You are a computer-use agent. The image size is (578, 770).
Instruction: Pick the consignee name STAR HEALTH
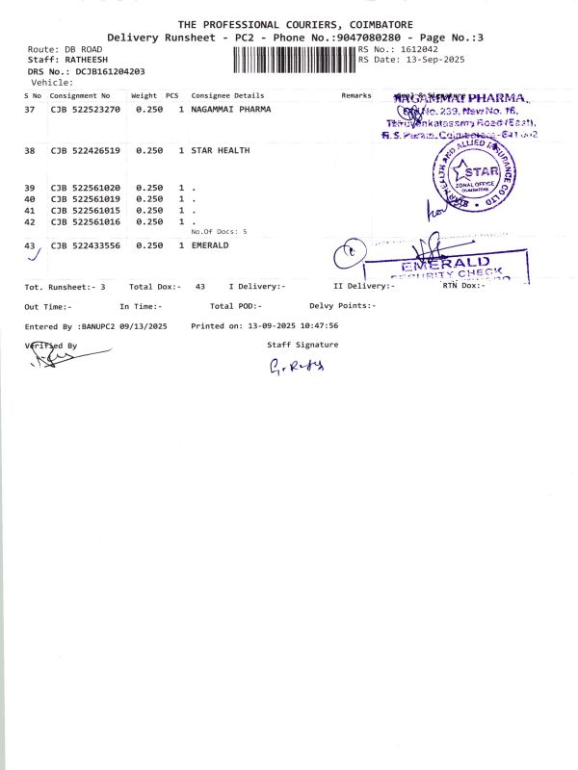point(221,151)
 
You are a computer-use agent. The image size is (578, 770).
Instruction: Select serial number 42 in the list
point(29,222)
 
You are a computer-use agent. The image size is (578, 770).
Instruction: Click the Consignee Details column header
point(227,96)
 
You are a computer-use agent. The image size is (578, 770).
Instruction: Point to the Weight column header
point(144,96)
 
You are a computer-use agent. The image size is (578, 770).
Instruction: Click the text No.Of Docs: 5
point(219,232)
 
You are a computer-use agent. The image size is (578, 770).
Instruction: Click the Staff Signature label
point(302,344)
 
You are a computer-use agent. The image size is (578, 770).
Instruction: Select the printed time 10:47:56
point(319,326)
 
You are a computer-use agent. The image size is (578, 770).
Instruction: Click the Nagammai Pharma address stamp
point(460,115)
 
